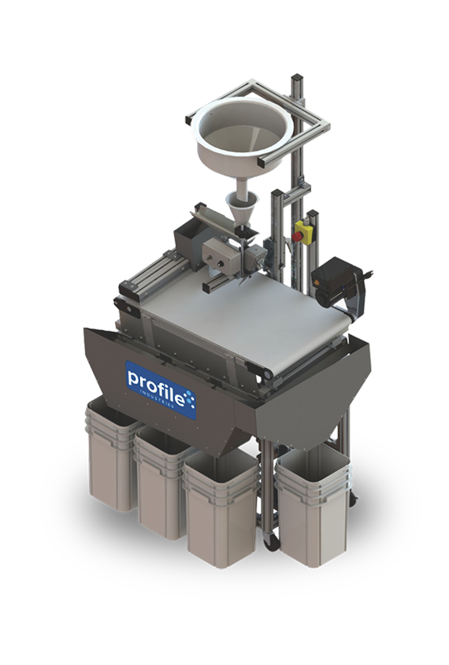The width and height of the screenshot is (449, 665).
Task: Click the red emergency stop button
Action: point(298,237)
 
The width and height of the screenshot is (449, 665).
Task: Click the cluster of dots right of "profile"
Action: point(191,399)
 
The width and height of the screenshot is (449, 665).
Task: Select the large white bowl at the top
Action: point(244,132)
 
